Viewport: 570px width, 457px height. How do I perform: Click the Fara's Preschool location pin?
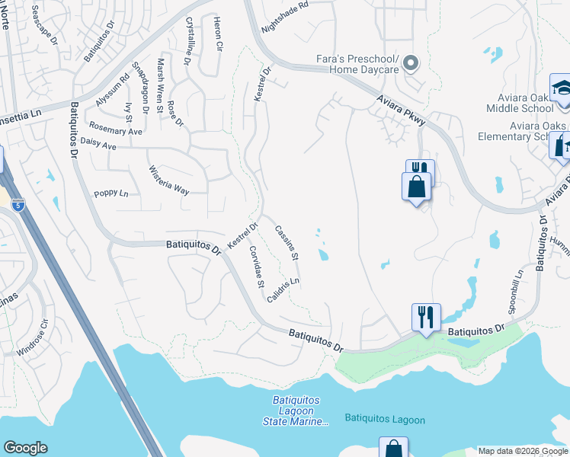click(411, 63)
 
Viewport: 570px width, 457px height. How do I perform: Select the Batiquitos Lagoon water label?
click(385, 419)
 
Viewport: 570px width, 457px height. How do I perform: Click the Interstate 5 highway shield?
click(18, 204)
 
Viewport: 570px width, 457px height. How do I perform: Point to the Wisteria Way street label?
click(168, 181)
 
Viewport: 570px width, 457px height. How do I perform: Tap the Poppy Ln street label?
click(110, 193)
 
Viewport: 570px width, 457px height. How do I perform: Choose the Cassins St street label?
click(287, 243)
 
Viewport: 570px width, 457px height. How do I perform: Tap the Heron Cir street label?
click(218, 34)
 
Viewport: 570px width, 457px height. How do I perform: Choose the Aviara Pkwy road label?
click(401, 110)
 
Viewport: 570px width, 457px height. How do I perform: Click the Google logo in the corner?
click(25, 448)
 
